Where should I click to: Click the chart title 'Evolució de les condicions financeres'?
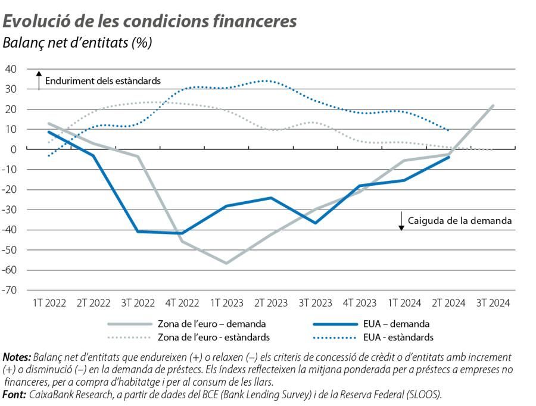[x=149, y=21]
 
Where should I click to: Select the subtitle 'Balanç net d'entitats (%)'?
[x=77, y=43]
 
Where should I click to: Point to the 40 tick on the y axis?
[x=11, y=69]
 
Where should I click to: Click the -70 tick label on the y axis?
[x=10, y=291]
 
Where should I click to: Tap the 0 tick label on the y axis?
[x=14, y=149]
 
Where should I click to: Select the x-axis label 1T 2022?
[x=48, y=303]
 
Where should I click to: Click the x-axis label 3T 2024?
[x=493, y=303]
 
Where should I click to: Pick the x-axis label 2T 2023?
[x=270, y=303]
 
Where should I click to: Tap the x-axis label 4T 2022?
[x=182, y=303]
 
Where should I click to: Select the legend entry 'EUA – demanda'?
[x=395, y=324]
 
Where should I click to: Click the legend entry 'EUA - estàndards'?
[x=397, y=338]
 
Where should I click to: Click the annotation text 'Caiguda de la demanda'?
[x=460, y=220]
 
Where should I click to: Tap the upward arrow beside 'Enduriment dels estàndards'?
[x=39, y=80]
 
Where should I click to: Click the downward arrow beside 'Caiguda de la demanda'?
[x=401, y=221]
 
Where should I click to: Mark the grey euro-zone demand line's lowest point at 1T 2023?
[x=226, y=263]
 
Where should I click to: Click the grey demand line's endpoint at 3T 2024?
[x=493, y=105]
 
